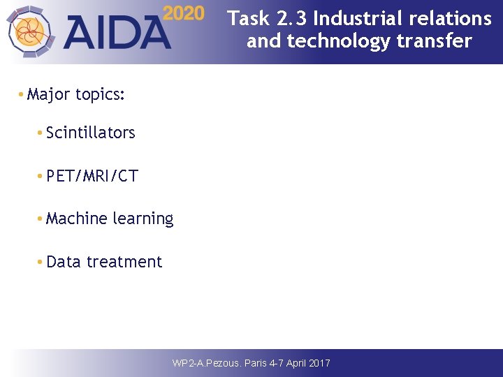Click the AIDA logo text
pyautogui.click(x=119, y=32)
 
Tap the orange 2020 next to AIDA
pyautogui.click(x=184, y=13)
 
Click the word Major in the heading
pyautogui.click(x=50, y=94)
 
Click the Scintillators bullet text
pyautogui.click(x=90, y=133)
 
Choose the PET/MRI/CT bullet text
pyautogui.click(x=92, y=176)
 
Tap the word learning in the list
pyautogui.click(x=143, y=219)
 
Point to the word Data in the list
pyautogui.click(x=64, y=262)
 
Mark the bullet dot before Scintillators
pyautogui.click(x=40, y=133)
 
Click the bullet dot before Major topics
pyautogui.click(x=22, y=95)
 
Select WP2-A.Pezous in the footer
pyautogui.click(x=207, y=363)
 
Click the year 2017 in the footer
pyautogui.click(x=318, y=363)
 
